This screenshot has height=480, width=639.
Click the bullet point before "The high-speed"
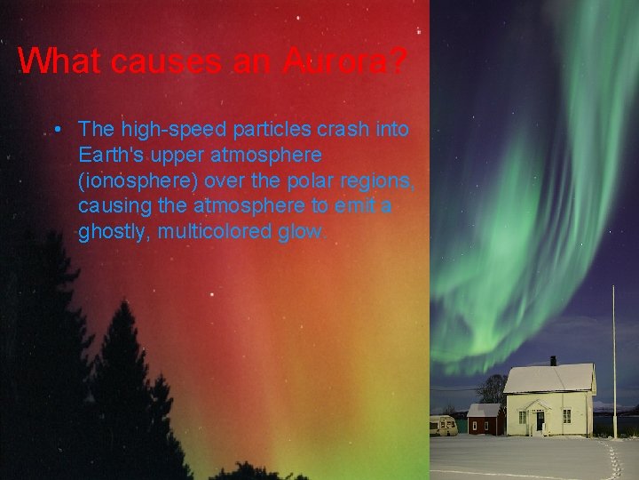coord(57,130)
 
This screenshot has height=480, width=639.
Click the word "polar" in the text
coord(299,181)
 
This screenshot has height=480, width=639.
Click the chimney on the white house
coord(553,361)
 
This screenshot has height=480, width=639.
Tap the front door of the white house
coord(539,420)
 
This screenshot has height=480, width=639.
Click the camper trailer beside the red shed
coord(443,425)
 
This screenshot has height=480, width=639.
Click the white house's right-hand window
coord(566,415)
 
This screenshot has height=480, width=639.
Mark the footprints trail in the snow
coord(612,458)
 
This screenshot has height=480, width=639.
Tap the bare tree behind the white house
coord(491,388)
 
